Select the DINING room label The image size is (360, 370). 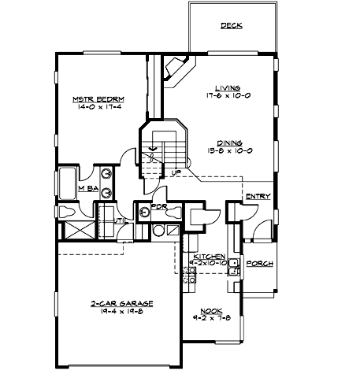click(x=229, y=142)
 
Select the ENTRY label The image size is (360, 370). click(x=258, y=196)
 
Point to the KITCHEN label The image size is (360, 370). click(x=210, y=257)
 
